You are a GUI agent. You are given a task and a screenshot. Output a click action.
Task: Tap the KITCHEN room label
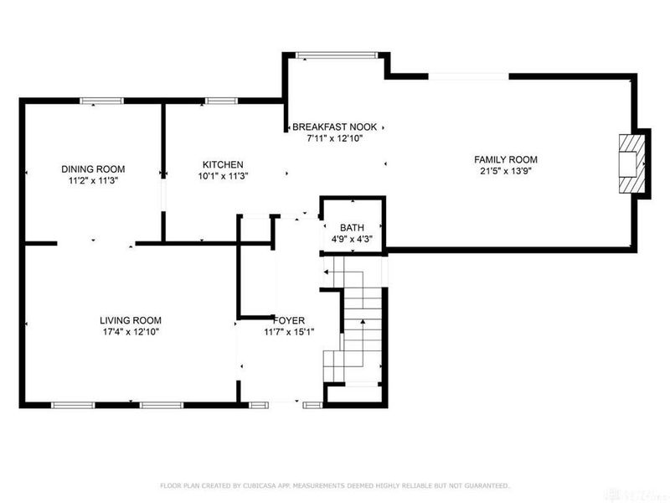tap(223, 163)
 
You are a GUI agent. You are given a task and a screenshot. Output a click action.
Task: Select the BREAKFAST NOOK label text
tap(334, 127)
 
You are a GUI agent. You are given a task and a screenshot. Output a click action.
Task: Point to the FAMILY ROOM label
tap(506, 159)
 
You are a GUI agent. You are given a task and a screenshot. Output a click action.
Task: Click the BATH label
tap(351, 228)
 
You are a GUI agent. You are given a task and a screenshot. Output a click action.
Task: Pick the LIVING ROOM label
tap(131, 320)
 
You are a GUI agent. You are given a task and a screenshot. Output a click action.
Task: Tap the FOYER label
tap(289, 320)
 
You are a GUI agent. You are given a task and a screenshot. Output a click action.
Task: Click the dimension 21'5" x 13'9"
tap(506, 172)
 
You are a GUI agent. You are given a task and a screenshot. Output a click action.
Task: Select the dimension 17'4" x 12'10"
tap(131, 332)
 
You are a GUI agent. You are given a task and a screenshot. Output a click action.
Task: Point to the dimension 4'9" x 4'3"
tap(351, 240)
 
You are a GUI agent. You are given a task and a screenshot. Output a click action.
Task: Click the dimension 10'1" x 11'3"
tap(223, 176)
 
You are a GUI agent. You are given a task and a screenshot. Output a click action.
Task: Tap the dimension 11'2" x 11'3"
tap(92, 179)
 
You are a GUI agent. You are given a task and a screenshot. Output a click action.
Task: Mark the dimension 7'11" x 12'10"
tap(334, 139)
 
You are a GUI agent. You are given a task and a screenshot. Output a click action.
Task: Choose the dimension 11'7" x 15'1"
tap(289, 332)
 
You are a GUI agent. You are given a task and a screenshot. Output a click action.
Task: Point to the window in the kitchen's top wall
tap(220, 101)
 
